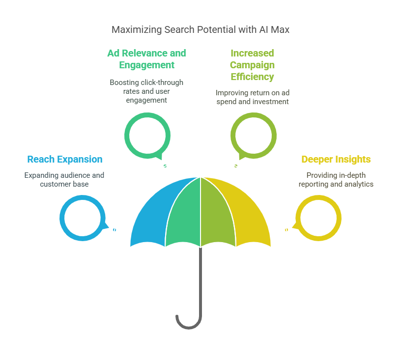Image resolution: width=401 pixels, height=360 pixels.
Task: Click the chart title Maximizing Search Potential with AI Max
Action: pyautogui.click(x=200, y=29)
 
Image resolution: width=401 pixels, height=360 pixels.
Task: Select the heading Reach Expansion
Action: pyautogui.click(x=65, y=159)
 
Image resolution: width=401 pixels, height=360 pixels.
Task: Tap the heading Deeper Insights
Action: pyautogui.click(x=336, y=159)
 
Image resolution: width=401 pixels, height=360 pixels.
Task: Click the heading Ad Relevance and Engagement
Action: pyautogui.click(x=146, y=59)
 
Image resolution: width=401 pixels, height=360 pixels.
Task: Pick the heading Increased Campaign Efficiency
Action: pyautogui.click(x=252, y=65)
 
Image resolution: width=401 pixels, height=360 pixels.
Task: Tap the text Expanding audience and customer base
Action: pyautogui.click(x=64, y=180)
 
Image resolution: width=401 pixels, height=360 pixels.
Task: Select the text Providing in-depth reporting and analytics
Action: pyautogui.click(x=336, y=180)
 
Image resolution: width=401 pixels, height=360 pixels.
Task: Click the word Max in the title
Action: pyautogui.click(x=280, y=29)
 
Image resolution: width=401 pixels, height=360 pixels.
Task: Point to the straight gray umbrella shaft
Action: pyautogui.click(x=200, y=281)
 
